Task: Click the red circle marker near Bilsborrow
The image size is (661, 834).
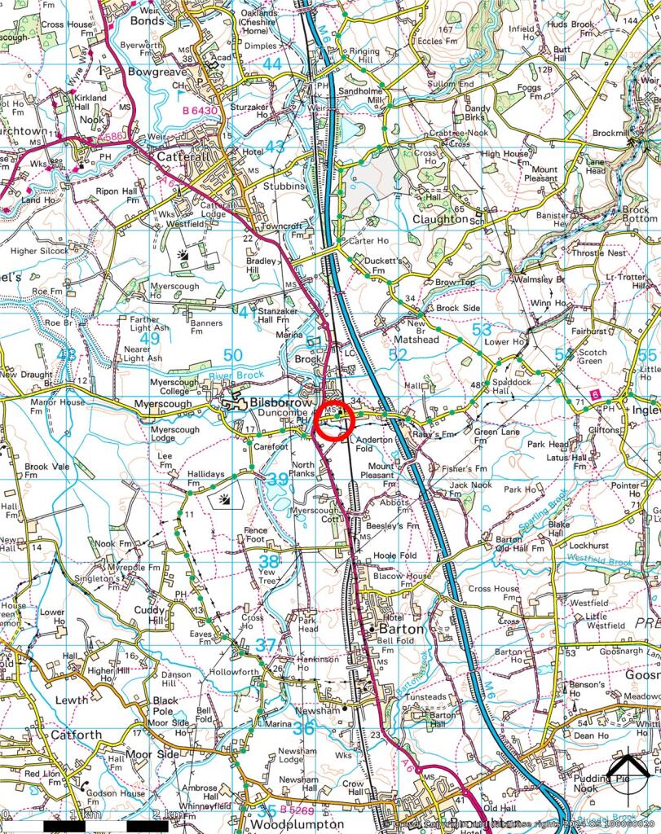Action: pyautogui.click(x=332, y=421)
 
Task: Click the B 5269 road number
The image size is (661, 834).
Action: pyautogui.click(x=297, y=810)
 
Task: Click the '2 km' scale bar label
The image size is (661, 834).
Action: pyautogui.click(x=170, y=814)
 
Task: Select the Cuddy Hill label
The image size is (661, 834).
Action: pyautogui.click(x=150, y=617)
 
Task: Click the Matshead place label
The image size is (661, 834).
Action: pyautogui.click(x=416, y=339)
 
